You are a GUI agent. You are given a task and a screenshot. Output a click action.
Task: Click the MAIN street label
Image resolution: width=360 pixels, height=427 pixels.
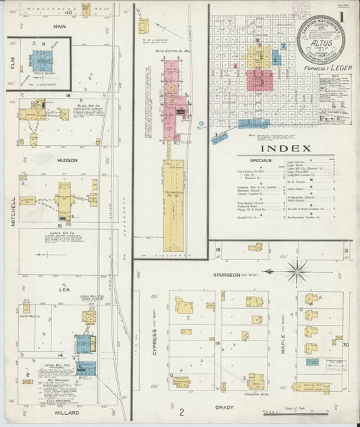click(60, 26)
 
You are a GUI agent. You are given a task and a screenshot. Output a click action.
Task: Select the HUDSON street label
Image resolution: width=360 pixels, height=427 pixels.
click(59, 161)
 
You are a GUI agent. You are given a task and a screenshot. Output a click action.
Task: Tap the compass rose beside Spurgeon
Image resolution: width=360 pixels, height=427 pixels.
click(295, 272)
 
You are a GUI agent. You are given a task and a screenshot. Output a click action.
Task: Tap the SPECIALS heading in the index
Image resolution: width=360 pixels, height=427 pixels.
click(260, 161)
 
